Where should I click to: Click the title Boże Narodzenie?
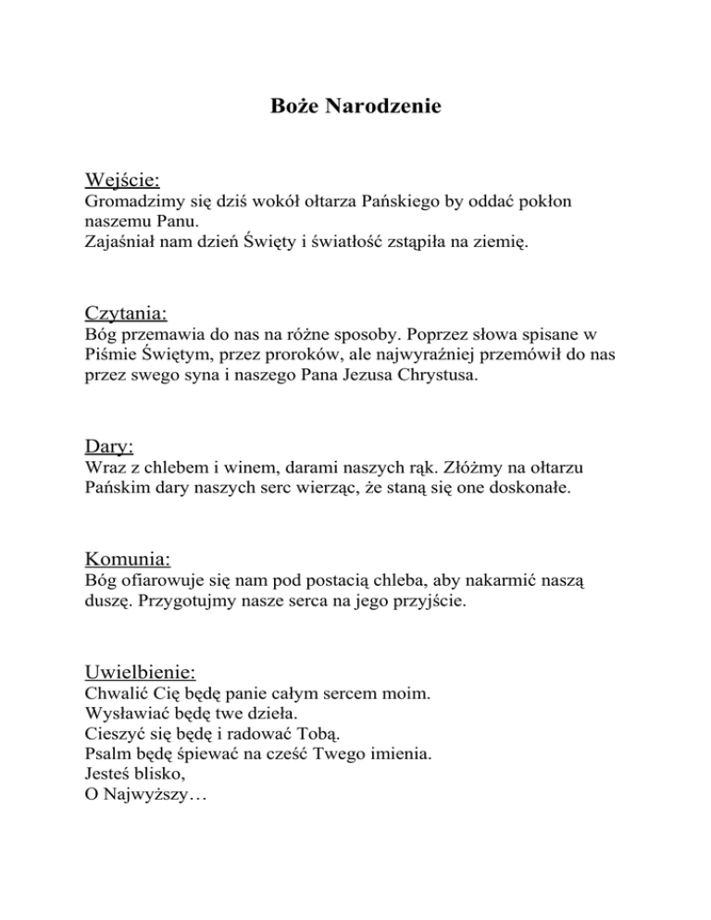(355, 106)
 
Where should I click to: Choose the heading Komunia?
(127, 558)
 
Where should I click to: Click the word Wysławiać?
(125, 714)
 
